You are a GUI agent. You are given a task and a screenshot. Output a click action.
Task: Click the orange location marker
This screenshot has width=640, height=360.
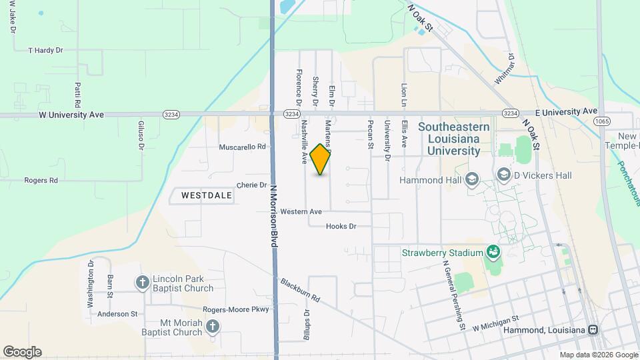(321, 159)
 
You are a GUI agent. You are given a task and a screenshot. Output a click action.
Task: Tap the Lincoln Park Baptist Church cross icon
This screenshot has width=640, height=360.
(142, 283)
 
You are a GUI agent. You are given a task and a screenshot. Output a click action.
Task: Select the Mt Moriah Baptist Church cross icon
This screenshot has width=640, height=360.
(213, 326)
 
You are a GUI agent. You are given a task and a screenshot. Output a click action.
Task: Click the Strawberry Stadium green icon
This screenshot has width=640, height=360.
(493, 252)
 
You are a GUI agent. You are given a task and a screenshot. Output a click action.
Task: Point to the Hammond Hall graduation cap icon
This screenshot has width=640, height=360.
(472, 179)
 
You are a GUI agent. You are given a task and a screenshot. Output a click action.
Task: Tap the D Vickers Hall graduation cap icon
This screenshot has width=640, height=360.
(504, 175)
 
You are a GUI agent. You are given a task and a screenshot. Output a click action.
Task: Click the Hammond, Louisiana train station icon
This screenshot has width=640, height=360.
(592, 330)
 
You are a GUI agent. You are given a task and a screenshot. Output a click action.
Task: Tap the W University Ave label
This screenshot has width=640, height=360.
(71, 115)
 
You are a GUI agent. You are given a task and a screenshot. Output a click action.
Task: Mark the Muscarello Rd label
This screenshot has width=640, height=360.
(243, 147)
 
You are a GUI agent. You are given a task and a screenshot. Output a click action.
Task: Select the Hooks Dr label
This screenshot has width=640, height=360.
(341, 227)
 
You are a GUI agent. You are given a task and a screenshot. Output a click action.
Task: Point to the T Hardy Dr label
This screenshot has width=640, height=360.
(45, 50)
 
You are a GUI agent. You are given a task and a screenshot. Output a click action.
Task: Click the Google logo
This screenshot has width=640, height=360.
(22, 352)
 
